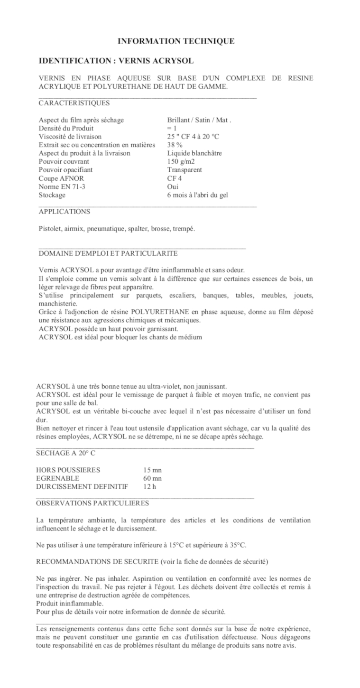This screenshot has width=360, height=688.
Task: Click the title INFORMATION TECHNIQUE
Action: point(175,41)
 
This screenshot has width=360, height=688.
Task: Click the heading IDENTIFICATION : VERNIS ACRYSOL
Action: point(116,61)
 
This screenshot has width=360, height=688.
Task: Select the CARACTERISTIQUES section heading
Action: point(74,103)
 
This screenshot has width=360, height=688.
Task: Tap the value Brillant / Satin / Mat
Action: point(199,120)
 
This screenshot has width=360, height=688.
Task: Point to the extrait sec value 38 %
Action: point(175,145)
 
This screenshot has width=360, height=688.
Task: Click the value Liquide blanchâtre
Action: point(194,153)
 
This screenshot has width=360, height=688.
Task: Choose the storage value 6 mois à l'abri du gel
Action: point(197,195)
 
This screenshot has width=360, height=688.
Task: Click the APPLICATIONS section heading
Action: point(64,212)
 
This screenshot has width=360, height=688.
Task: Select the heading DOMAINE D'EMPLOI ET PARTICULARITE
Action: point(108,253)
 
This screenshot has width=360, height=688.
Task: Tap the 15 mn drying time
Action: point(152,470)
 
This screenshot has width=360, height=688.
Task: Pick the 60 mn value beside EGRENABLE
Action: point(152,478)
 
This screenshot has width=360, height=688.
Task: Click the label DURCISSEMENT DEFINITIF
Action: point(82,486)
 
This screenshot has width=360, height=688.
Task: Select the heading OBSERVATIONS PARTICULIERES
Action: point(92,503)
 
